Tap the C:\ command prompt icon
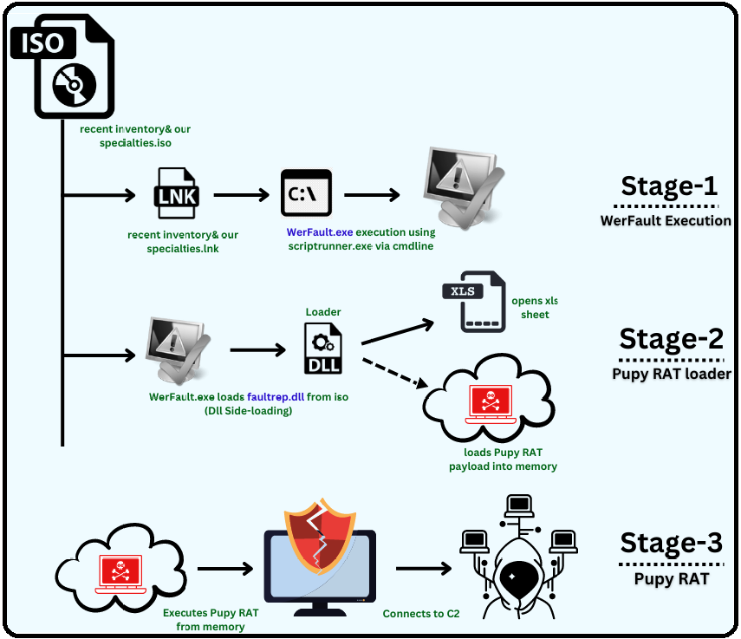306,193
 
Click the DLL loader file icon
322,349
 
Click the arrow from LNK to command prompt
242,195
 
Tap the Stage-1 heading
669,186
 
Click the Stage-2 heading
671,339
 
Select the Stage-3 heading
671,544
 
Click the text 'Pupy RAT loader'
671,374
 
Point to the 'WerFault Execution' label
666,220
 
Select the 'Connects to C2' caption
421,614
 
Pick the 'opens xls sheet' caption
535,308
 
